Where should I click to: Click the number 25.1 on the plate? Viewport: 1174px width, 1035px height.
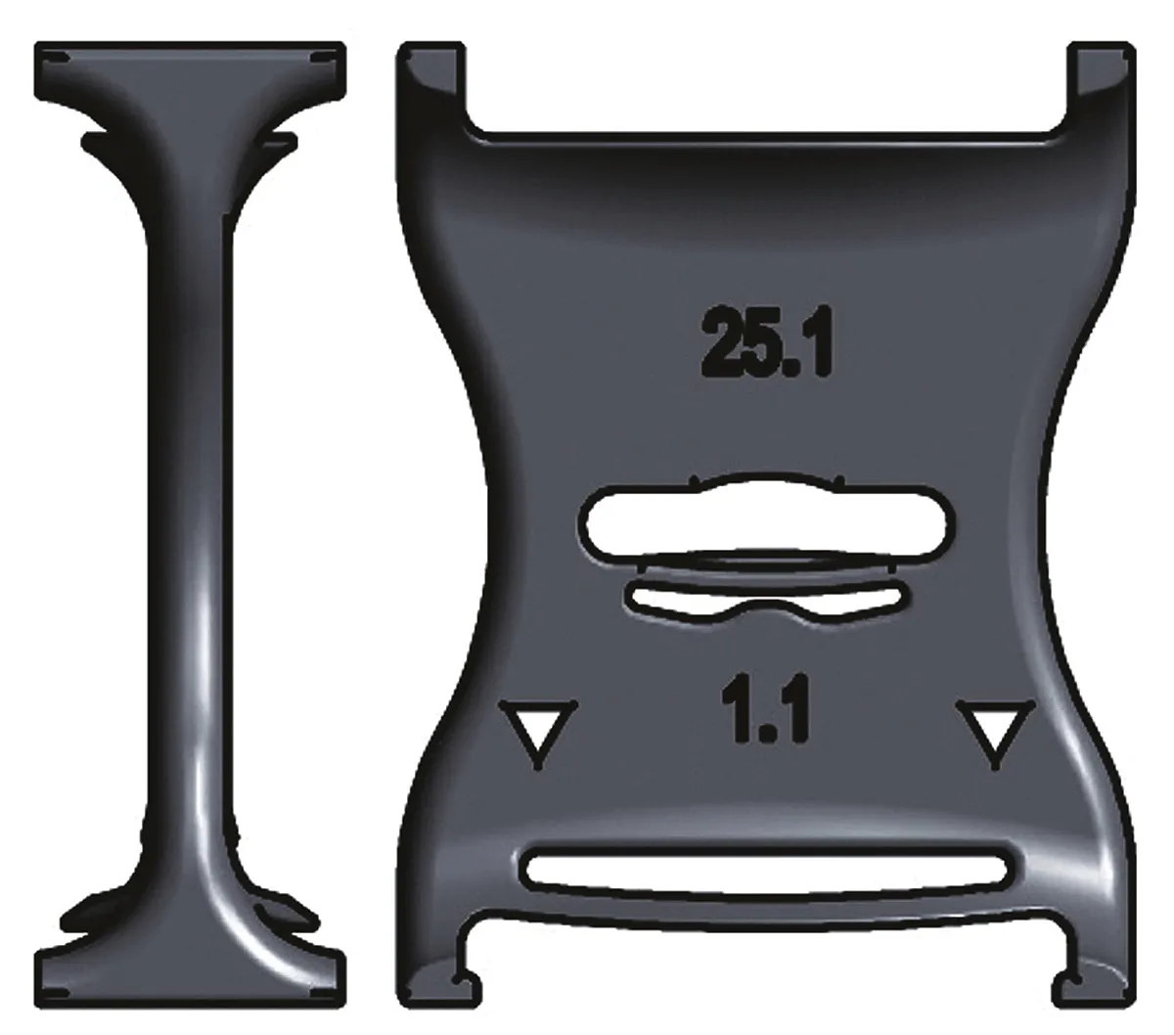tap(766, 341)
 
